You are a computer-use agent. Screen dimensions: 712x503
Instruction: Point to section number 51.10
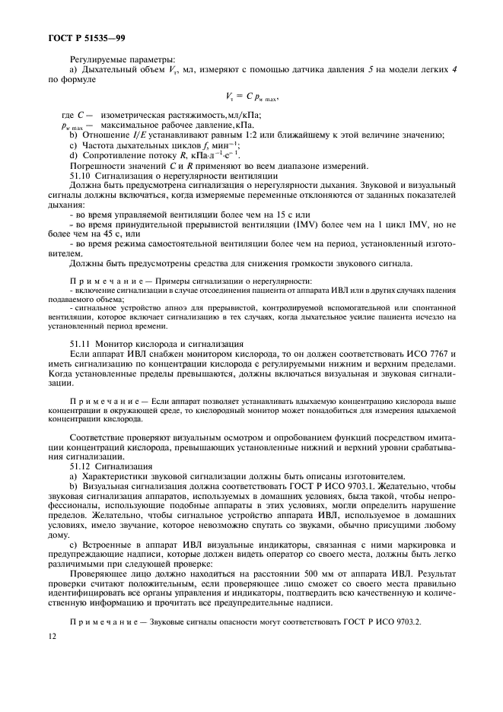81,174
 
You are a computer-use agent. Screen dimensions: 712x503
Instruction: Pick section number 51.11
81,345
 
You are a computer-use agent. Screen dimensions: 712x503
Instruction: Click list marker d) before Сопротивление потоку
74,155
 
